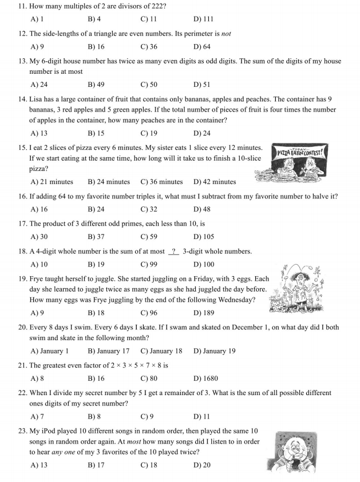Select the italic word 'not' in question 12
(226, 34)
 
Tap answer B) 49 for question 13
(96, 85)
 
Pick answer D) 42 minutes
(215, 182)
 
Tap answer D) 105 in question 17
(203, 237)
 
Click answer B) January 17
(109, 351)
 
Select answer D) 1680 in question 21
(205, 379)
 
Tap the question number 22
(22, 393)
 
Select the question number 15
(22, 148)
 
